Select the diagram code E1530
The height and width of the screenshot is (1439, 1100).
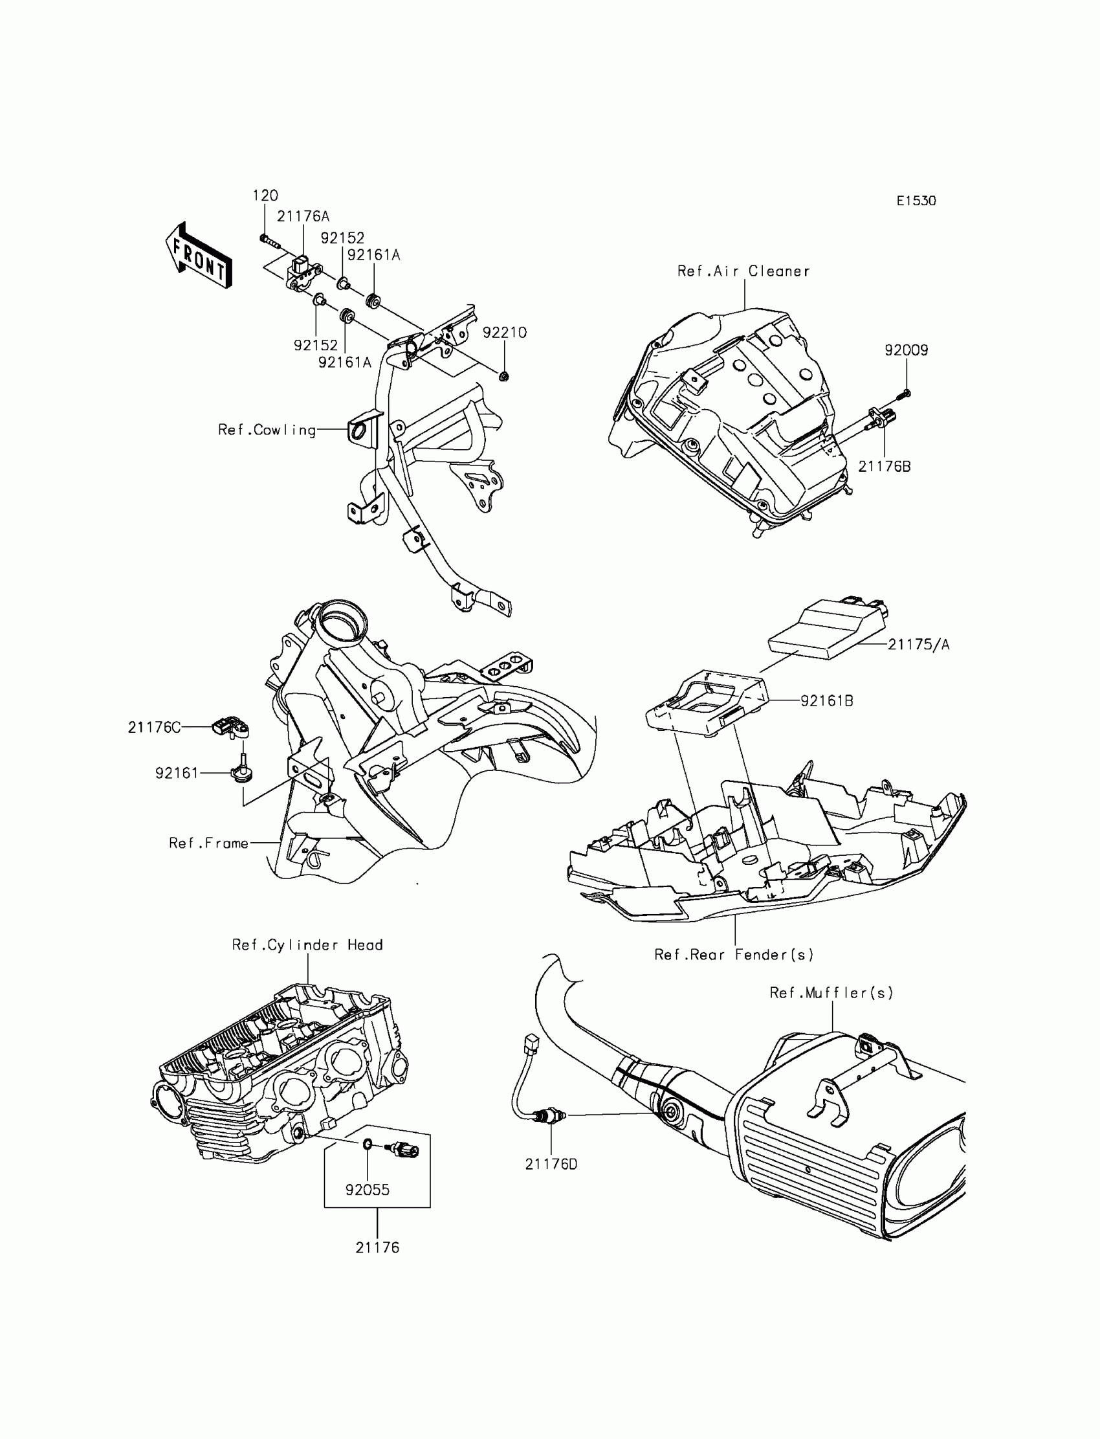(x=916, y=201)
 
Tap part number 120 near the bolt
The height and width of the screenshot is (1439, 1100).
(x=265, y=195)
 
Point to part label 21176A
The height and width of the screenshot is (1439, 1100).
(x=303, y=216)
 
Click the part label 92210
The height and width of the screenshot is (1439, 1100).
(x=504, y=333)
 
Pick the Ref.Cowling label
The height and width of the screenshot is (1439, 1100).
(x=267, y=430)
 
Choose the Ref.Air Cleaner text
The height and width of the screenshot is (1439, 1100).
(x=743, y=271)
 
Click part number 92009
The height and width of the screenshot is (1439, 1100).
(x=906, y=350)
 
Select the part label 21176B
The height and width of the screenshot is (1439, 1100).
(x=884, y=467)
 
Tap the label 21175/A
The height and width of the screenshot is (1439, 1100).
(x=918, y=645)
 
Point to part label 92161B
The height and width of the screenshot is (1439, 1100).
(x=826, y=701)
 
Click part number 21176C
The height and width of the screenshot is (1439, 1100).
(x=154, y=727)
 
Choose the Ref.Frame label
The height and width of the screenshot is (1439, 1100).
(x=208, y=843)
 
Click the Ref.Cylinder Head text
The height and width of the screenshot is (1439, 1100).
(x=307, y=945)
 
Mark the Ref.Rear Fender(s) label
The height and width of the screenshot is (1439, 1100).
(x=733, y=954)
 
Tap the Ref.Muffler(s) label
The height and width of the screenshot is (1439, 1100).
(x=831, y=993)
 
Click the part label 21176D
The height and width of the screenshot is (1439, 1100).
(x=551, y=1164)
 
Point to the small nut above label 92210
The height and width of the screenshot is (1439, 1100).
(x=504, y=376)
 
